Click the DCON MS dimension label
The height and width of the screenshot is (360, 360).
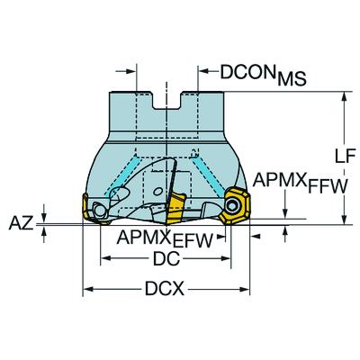pyautogui.click(x=263, y=74)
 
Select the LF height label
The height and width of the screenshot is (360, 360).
pyautogui.click(x=345, y=156)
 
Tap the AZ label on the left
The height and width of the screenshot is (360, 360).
pyautogui.click(x=21, y=223)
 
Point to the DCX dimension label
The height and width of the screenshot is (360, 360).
pyautogui.click(x=165, y=289)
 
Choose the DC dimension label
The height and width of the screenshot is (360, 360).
pyautogui.click(x=166, y=258)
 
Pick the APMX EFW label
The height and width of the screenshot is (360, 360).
pyautogui.click(x=165, y=239)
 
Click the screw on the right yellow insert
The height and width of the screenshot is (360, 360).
pyautogui.click(x=232, y=206)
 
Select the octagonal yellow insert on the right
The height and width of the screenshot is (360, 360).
pyautogui.click(x=234, y=205)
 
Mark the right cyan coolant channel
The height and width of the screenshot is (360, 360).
pyautogui.click(x=209, y=177)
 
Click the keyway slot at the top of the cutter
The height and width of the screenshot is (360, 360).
pyautogui.click(x=166, y=101)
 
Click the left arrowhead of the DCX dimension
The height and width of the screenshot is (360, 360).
pyautogui.click(x=88, y=289)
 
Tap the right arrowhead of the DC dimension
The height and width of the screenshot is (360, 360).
pyautogui.click(x=225, y=258)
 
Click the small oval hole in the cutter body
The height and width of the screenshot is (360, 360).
pyautogui.click(x=157, y=191)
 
